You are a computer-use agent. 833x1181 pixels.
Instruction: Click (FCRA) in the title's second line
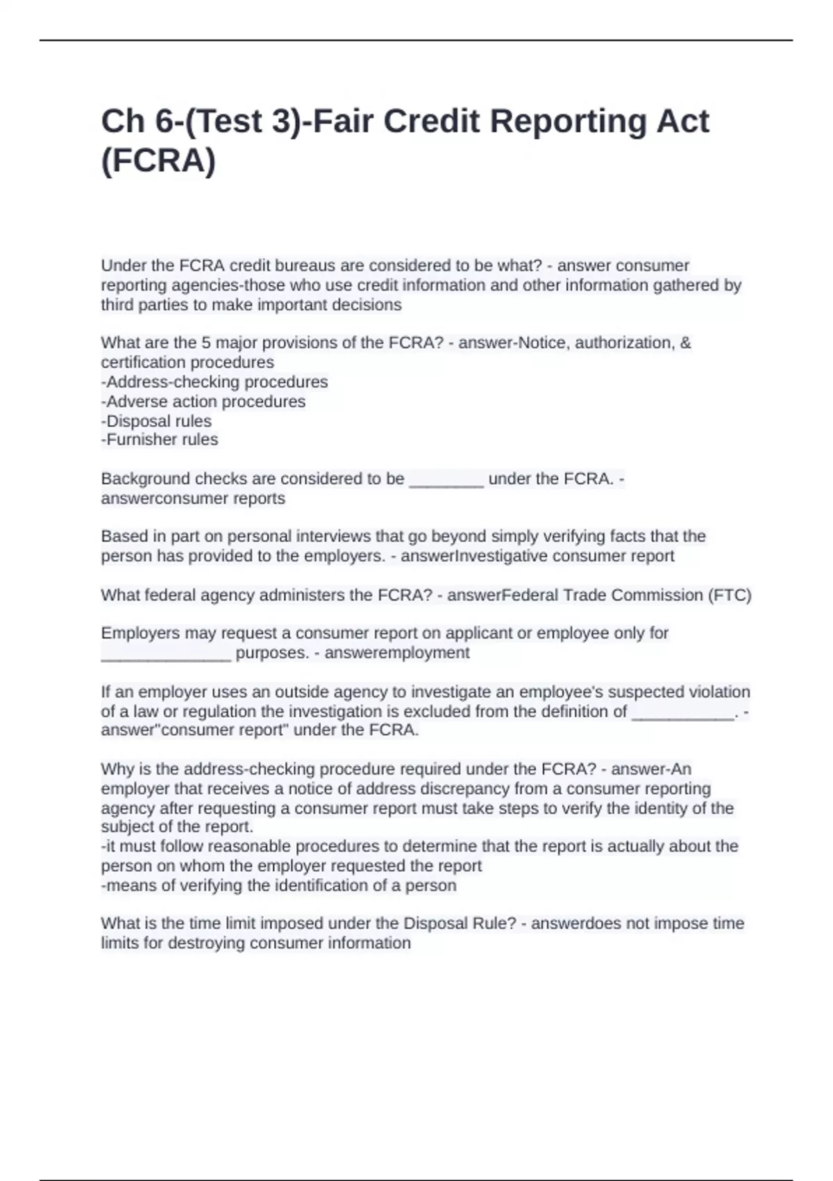(x=158, y=161)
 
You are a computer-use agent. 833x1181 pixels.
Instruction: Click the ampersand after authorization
(x=686, y=342)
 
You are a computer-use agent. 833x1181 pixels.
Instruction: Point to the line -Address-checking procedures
(x=214, y=382)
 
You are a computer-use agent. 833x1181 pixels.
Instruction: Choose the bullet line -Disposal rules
(x=156, y=421)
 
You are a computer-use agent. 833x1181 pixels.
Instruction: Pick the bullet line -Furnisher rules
(x=160, y=440)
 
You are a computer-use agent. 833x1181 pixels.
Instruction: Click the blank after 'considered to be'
(x=446, y=480)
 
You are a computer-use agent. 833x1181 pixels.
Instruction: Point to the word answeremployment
(x=397, y=653)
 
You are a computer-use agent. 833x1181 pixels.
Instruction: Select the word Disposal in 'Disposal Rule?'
(x=435, y=923)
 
